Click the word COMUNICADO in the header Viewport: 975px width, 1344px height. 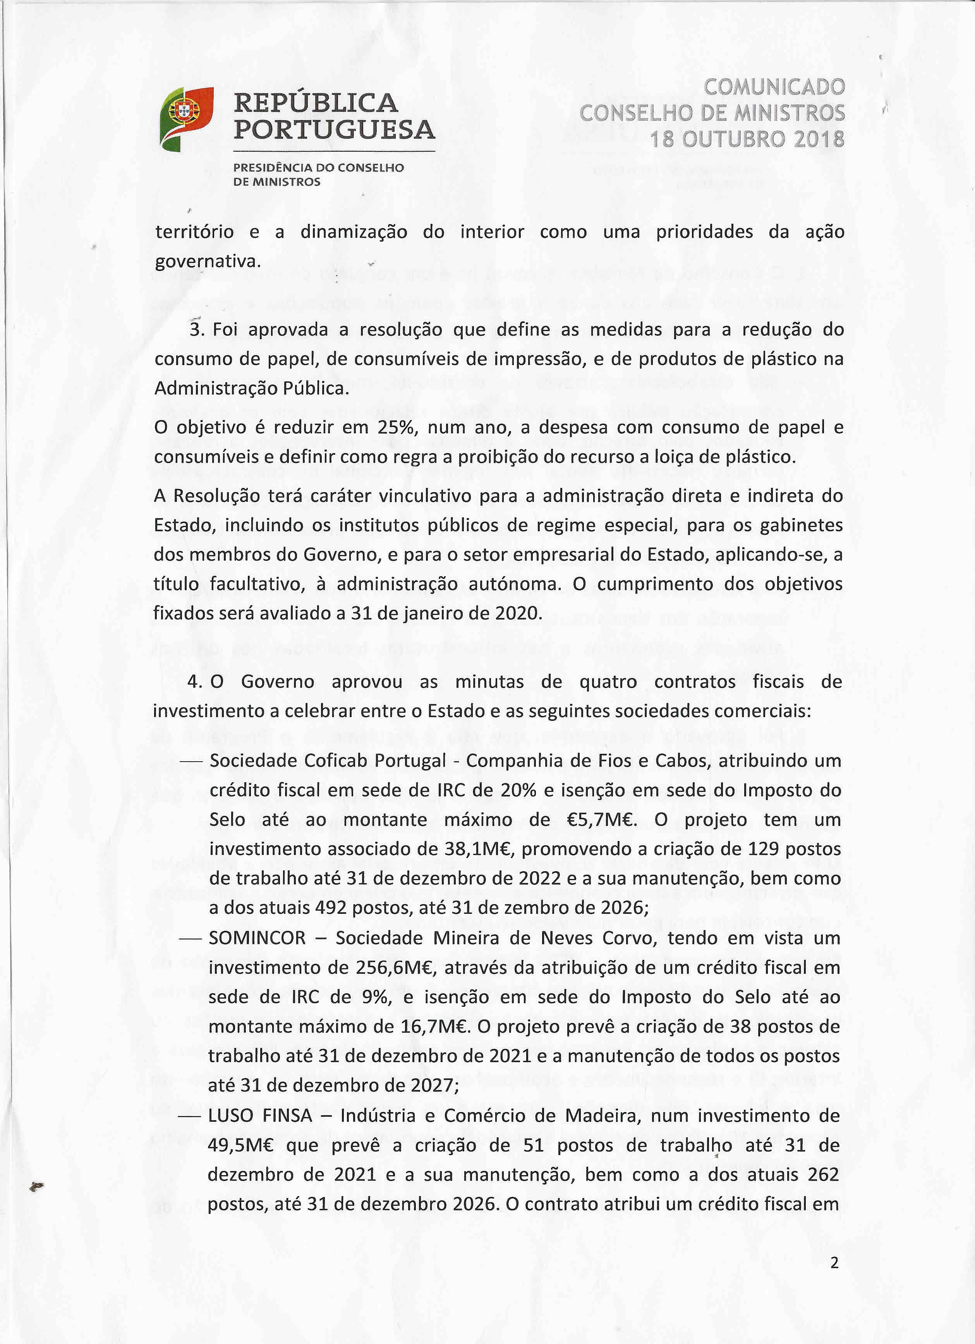(x=774, y=87)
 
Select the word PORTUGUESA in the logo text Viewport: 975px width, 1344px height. (x=334, y=130)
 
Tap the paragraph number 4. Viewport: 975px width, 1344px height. (x=194, y=682)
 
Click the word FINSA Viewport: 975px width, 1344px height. (x=287, y=1116)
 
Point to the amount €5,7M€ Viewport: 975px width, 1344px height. (x=602, y=820)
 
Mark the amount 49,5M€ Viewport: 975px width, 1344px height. (x=239, y=1145)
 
